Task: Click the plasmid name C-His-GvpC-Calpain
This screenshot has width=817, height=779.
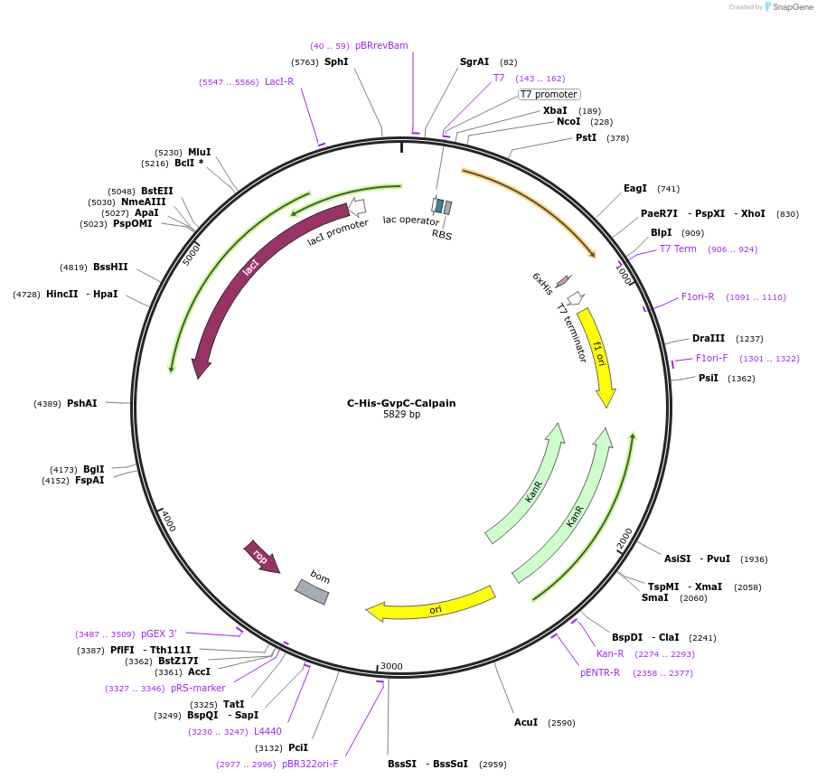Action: tap(401, 403)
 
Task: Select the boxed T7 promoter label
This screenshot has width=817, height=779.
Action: tap(549, 94)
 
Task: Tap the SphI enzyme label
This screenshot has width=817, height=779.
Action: tap(336, 61)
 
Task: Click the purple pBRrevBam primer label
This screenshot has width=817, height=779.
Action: tap(381, 45)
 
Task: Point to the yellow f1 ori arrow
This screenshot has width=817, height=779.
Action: tap(598, 357)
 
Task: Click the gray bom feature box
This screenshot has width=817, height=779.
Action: tap(313, 590)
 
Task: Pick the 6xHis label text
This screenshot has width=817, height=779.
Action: tap(542, 284)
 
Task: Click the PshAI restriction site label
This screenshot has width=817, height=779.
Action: tap(81, 403)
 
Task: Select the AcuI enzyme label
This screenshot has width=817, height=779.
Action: tap(525, 722)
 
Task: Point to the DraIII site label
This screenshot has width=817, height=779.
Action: tap(709, 338)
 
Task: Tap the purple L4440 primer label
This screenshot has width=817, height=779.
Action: tap(268, 731)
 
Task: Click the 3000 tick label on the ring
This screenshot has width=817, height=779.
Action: tap(391, 666)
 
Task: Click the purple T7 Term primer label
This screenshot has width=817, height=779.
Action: tap(678, 249)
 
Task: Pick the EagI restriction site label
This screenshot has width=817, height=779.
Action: tap(635, 188)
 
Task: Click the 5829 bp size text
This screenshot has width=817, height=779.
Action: tap(401, 415)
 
